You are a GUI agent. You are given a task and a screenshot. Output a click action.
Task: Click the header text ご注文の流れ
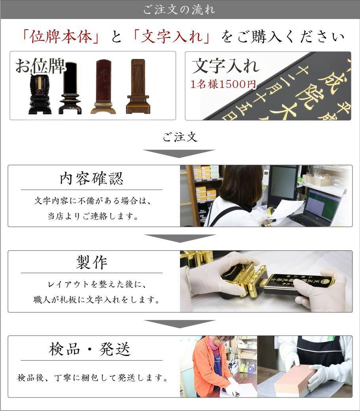180,10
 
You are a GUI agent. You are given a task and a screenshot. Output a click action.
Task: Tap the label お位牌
40,67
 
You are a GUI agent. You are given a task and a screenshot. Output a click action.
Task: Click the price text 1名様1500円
223,84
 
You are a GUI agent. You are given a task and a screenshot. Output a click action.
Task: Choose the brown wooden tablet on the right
138,86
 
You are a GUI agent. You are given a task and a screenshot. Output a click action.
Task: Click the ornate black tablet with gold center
40,93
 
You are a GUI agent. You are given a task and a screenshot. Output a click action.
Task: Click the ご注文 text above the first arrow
180,137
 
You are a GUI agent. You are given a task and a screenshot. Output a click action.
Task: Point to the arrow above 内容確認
179,153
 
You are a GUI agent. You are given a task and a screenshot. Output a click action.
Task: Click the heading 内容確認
91,179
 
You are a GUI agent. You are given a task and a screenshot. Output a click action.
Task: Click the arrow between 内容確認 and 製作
180,238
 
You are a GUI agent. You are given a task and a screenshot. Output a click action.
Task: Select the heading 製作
91,262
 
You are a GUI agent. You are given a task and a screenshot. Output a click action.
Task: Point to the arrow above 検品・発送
180,323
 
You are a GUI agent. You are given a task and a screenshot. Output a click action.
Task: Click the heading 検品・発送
90,349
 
